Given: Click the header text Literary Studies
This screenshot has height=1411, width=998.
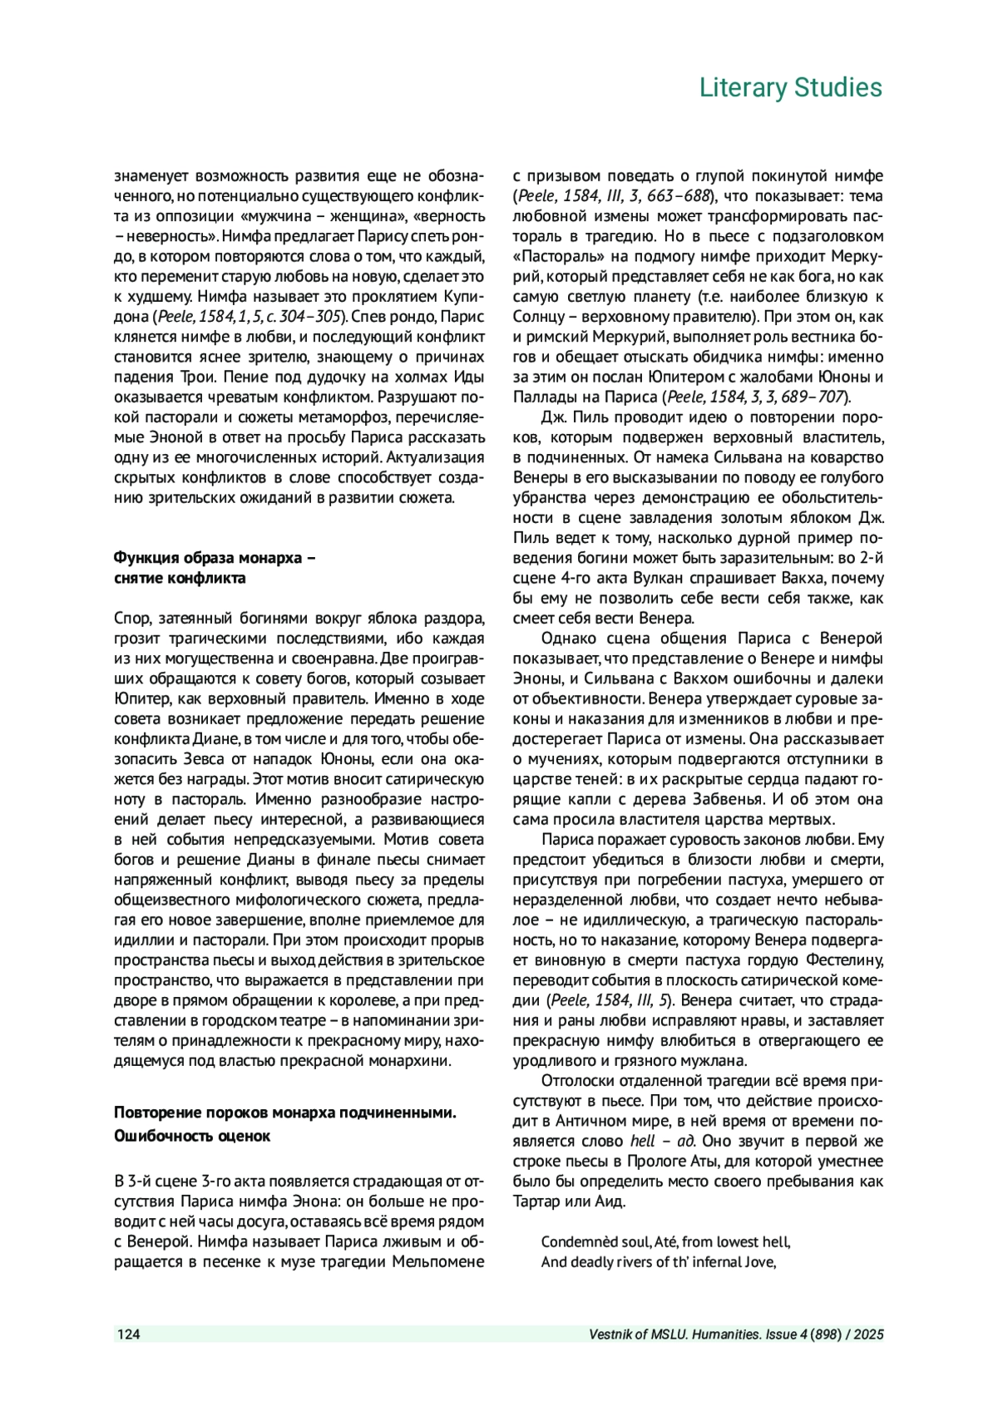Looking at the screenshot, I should click(x=790, y=87).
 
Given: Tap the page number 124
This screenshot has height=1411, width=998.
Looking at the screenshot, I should click(x=128, y=1335).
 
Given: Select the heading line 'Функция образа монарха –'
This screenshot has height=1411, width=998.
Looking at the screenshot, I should click(x=215, y=558).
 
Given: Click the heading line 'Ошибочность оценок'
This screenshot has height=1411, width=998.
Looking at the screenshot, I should click(x=192, y=1135).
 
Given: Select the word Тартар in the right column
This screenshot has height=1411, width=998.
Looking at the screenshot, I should click(x=538, y=1201).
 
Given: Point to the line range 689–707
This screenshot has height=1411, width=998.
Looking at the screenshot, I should click(x=813, y=397).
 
